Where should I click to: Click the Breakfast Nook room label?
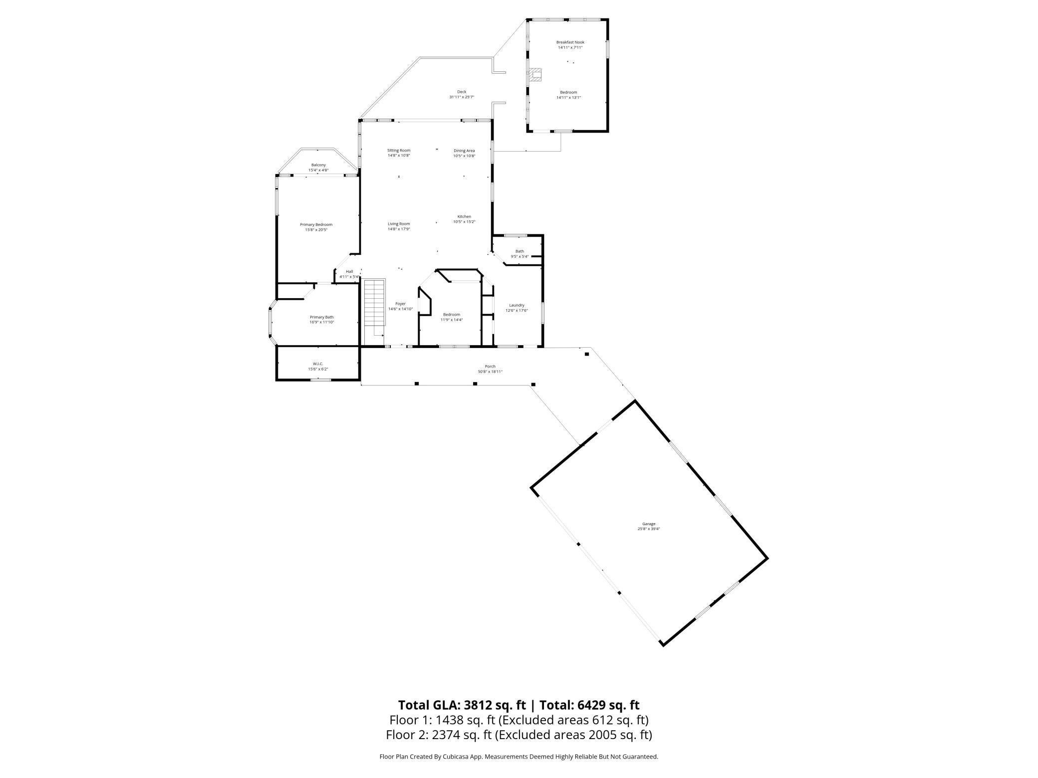[570, 42]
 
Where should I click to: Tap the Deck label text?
[461, 92]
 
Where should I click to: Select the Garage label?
[648, 524]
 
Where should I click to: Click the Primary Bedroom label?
[316, 224]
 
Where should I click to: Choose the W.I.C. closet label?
[318, 364]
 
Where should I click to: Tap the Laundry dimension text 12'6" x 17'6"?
[517, 311]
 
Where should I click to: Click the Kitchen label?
[464, 216]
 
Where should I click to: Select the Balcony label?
[318, 165]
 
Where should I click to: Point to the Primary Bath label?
[321, 317]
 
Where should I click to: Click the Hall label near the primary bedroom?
[349, 271]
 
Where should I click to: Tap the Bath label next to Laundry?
[519, 251]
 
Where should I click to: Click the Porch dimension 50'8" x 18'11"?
[490, 372]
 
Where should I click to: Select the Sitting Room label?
[399, 150]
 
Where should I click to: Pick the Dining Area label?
[464, 151]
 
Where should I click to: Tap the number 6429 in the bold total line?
[592, 705]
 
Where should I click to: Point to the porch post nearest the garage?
[587, 354]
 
